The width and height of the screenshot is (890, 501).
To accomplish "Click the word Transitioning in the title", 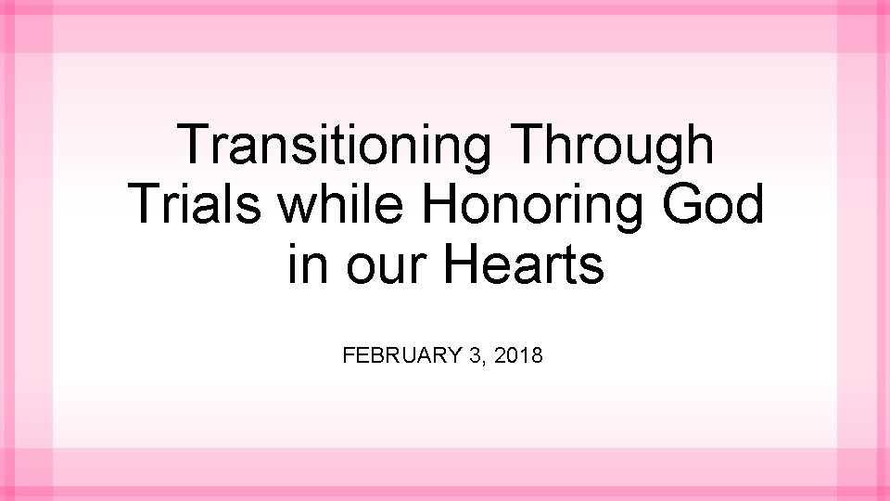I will tap(335, 146).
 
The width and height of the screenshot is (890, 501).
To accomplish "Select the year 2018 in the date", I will tap(519, 355).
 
